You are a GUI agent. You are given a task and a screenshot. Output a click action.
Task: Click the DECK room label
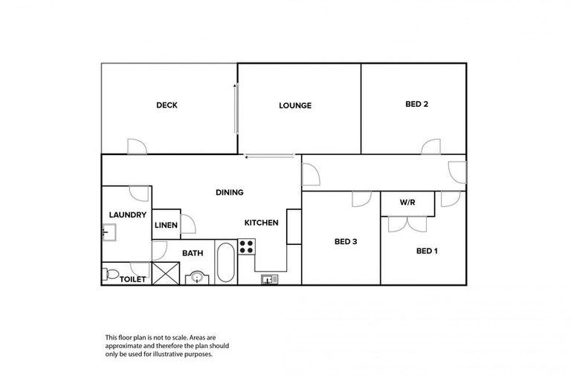(x=167, y=105)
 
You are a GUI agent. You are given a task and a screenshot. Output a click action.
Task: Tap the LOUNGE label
(x=295, y=105)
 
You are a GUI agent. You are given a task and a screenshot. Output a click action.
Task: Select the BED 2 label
(x=416, y=104)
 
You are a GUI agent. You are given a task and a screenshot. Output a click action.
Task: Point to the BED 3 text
(x=346, y=241)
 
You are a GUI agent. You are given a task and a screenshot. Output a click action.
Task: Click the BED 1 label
(x=427, y=251)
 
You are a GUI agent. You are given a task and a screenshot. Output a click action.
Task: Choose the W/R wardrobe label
(x=407, y=202)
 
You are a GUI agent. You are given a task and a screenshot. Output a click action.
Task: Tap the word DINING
(x=230, y=192)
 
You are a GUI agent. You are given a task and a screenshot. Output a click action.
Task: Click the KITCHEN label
(x=262, y=223)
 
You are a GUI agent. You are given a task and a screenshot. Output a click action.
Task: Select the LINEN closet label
(x=165, y=226)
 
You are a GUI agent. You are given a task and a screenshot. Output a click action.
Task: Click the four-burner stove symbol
(x=246, y=246)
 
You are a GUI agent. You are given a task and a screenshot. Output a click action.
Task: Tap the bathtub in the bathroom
(x=225, y=263)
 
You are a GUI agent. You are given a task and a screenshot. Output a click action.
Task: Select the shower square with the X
(x=166, y=274)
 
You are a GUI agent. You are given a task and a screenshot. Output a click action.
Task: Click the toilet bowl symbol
(x=110, y=275)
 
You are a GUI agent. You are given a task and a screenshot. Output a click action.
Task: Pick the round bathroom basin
(x=196, y=278)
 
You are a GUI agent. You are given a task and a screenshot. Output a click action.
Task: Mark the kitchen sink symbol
(x=269, y=279)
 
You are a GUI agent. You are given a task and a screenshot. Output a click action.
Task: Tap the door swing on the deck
(x=137, y=147)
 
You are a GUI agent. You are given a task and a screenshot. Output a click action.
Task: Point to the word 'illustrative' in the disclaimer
(x=177, y=354)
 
